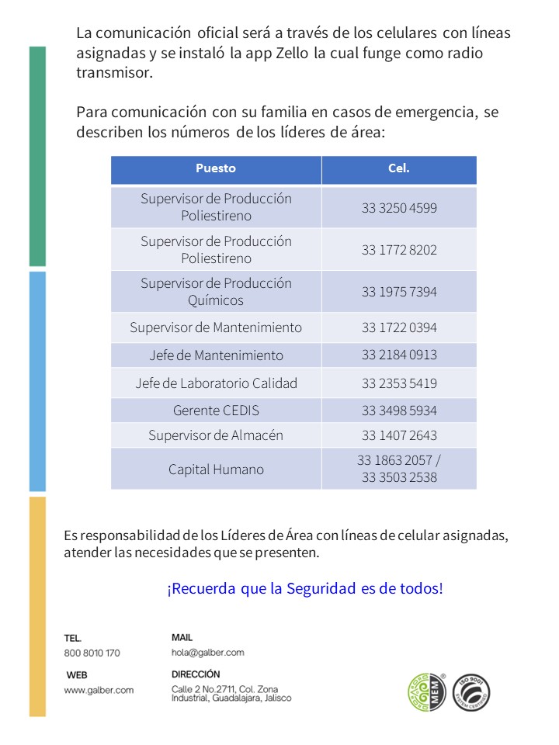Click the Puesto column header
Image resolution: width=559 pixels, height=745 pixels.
coord(216,168)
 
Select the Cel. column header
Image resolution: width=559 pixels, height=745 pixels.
coord(399,168)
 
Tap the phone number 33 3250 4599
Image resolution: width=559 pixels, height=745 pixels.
coord(399,207)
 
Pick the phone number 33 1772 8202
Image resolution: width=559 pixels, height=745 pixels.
coord(399,250)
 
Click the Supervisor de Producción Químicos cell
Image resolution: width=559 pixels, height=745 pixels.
coord(216,292)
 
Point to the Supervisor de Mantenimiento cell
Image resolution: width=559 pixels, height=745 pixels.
coord(216,327)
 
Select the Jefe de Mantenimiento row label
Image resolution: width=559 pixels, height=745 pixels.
coord(216,355)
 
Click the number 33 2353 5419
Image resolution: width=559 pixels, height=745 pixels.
coord(399,383)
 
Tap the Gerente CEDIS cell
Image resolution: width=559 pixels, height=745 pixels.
coord(216,411)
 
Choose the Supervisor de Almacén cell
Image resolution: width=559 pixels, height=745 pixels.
coord(216,435)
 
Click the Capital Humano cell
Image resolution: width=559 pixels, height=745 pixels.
coord(216,470)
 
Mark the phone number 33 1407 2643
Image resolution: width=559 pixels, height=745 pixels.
coord(399,435)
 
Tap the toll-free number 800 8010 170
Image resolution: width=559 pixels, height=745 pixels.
coord(92,653)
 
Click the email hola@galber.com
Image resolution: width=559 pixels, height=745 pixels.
coord(208,653)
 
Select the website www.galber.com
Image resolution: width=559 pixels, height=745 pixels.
coord(99,689)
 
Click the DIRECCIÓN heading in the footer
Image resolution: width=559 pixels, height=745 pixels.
coord(196,674)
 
